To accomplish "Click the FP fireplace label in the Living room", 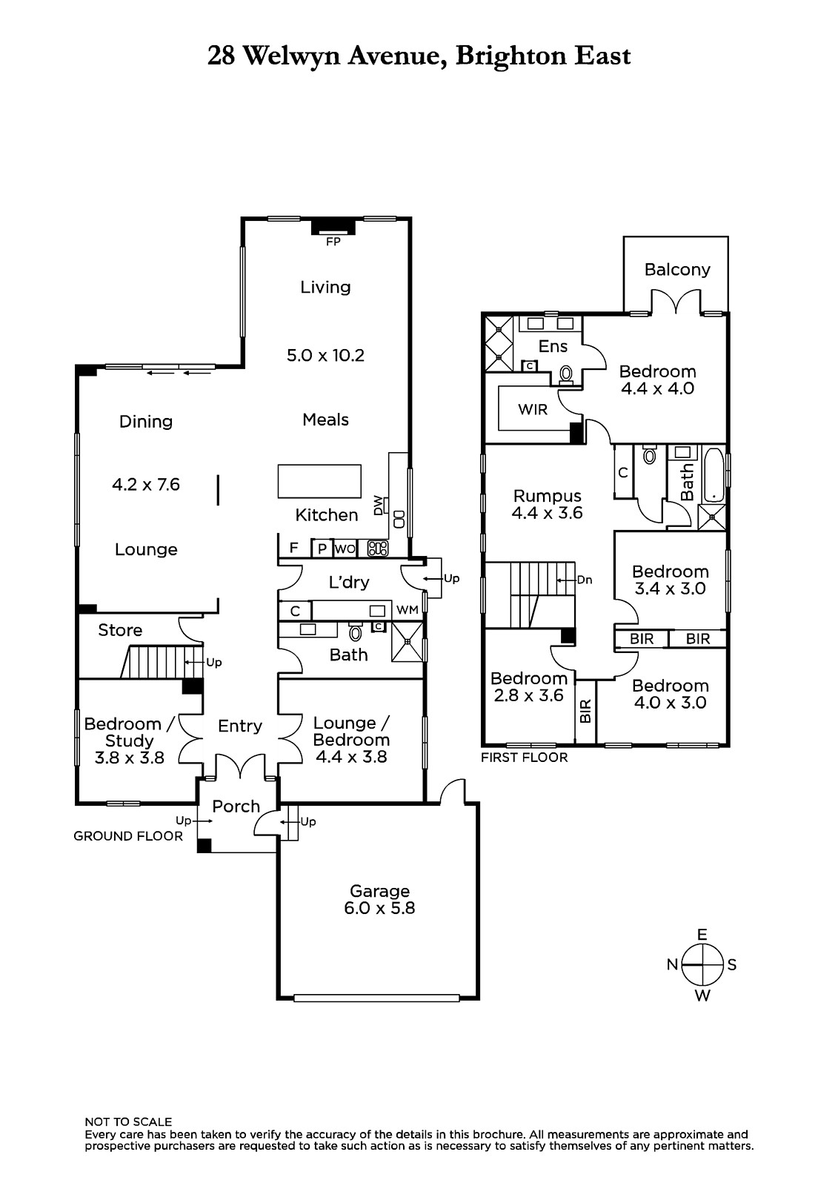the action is (x=333, y=242).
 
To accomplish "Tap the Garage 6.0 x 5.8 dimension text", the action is (x=379, y=908).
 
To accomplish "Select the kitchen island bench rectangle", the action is (x=319, y=481).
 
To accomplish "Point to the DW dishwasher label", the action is (x=378, y=505).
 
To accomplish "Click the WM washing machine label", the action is (x=407, y=610).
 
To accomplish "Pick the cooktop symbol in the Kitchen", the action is (x=378, y=549).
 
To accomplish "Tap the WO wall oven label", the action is (x=345, y=549).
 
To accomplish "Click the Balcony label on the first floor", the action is (x=677, y=270).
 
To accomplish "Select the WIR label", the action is (x=533, y=410).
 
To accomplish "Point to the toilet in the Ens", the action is (x=565, y=374).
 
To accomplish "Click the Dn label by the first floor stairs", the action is (x=585, y=580).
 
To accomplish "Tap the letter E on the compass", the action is (x=702, y=935).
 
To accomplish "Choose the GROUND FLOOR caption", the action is (x=128, y=836).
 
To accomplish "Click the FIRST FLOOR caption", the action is (x=524, y=758).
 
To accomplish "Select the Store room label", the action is (x=120, y=630).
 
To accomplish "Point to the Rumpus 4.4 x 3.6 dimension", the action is (x=547, y=512).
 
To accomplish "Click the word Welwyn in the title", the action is (x=291, y=56).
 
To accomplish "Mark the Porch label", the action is (x=236, y=806).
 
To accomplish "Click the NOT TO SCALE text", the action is (x=128, y=1122).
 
